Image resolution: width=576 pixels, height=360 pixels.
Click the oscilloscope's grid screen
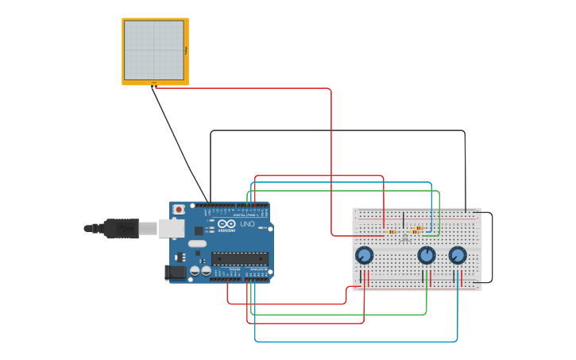[154, 51]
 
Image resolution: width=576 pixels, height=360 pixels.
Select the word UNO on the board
[247, 226]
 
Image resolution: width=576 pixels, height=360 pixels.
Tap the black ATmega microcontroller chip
[239, 258]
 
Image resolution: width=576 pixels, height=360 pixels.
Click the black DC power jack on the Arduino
[176, 273]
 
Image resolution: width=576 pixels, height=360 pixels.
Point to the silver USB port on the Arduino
[171, 229]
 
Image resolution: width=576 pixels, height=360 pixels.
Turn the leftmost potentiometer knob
[364, 255]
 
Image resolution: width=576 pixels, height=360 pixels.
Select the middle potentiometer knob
[427, 255]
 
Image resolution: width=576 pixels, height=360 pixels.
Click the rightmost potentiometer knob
[457, 255]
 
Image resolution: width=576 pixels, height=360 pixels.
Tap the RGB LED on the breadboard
[405, 237]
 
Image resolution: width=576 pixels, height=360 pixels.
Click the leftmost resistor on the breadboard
[392, 232]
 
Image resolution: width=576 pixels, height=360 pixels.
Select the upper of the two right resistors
[418, 228]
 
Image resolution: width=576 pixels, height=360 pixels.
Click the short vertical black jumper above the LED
[404, 219]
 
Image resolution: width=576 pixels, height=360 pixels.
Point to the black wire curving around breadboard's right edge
[492, 246]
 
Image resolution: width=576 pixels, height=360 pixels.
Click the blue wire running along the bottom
[358, 341]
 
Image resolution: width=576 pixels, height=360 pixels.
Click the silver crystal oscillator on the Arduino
[197, 244]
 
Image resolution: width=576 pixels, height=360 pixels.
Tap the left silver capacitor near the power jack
[195, 271]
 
